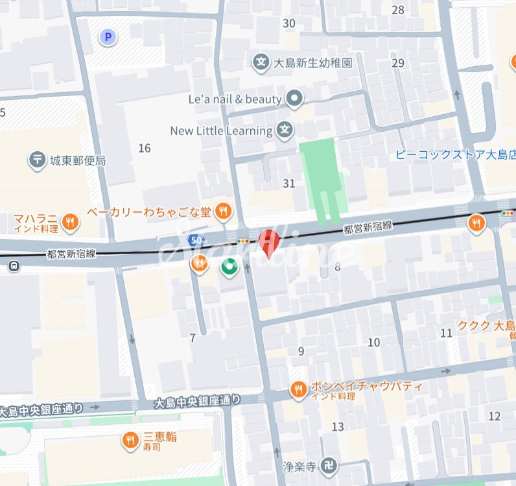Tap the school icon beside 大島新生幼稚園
[261, 63]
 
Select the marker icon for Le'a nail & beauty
[295, 99]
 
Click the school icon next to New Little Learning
[284, 130]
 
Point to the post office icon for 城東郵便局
[38, 160]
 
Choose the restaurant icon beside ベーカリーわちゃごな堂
[224, 210]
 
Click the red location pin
[268, 243]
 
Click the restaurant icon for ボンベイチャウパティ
[299, 390]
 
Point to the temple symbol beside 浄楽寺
[331, 466]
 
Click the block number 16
[145, 149]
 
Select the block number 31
[289, 184]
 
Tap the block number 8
[337, 267]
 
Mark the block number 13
[338, 426]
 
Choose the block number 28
[398, 10]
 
